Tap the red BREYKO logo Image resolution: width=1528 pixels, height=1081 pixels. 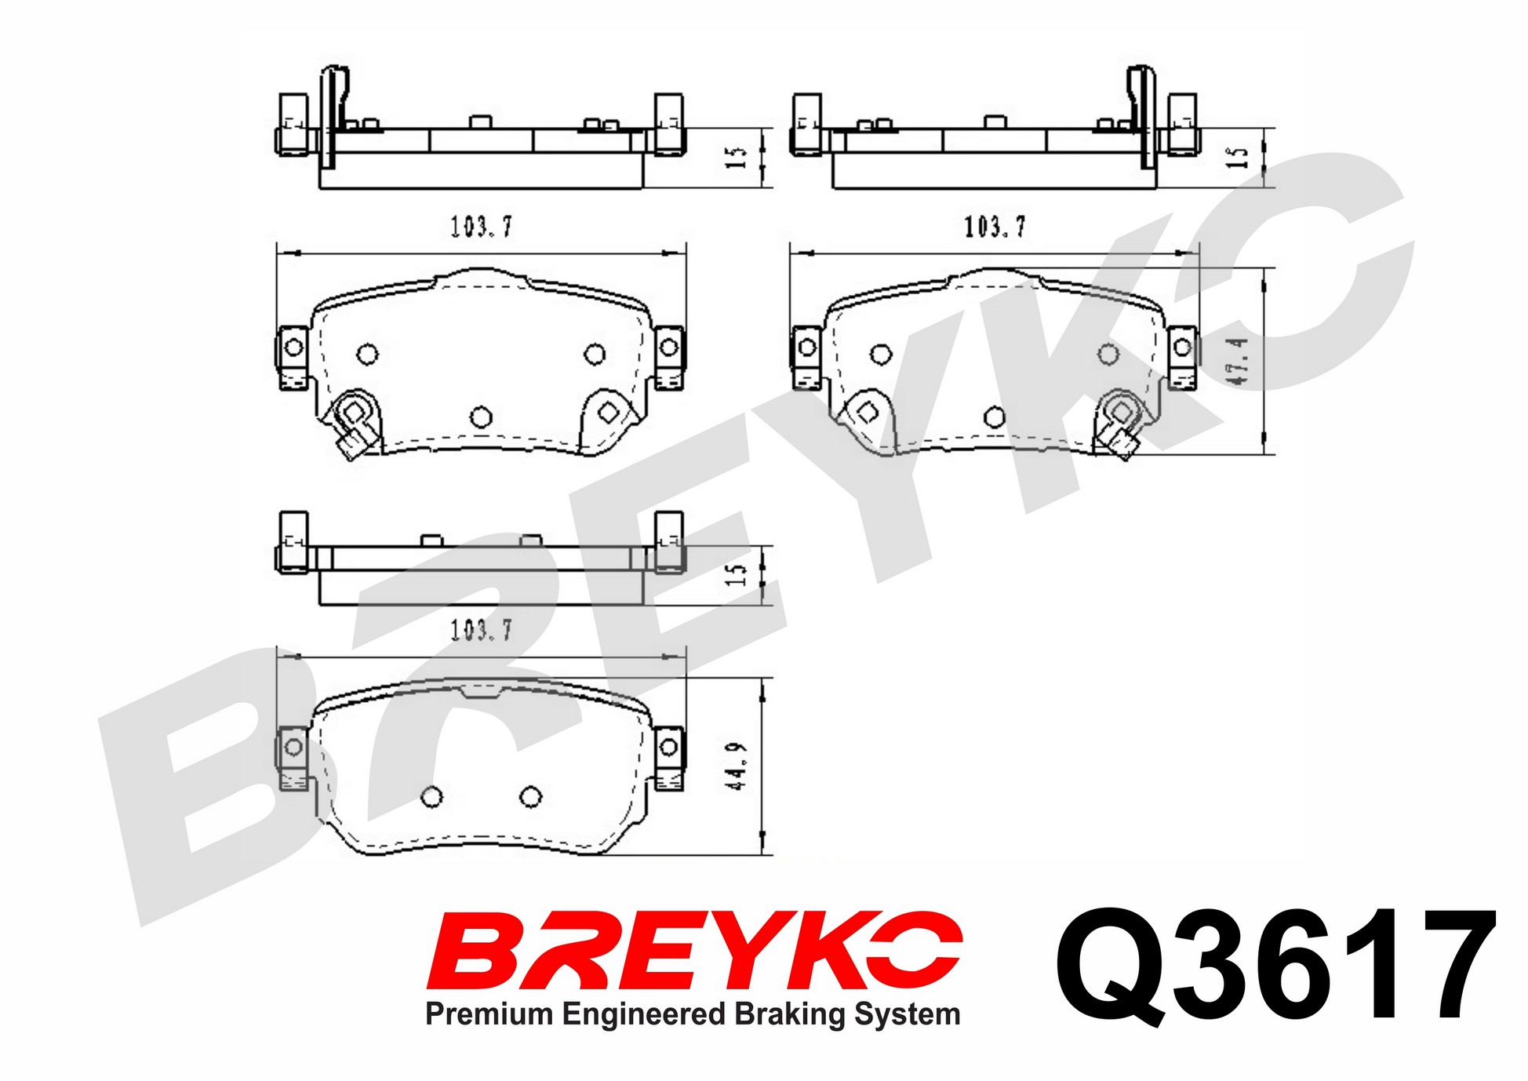click(x=694, y=950)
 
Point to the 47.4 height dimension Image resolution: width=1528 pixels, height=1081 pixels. click(x=1239, y=361)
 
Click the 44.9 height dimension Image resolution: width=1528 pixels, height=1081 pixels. click(x=737, y=766)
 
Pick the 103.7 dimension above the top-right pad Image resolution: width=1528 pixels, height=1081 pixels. click(x=995, y=227)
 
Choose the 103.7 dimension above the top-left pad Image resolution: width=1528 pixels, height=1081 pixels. click(x=481, y=227)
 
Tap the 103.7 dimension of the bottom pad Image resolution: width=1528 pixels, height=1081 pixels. click(x=481, y=630)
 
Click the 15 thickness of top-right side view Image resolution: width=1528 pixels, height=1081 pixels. click(x=1237, y=158)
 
